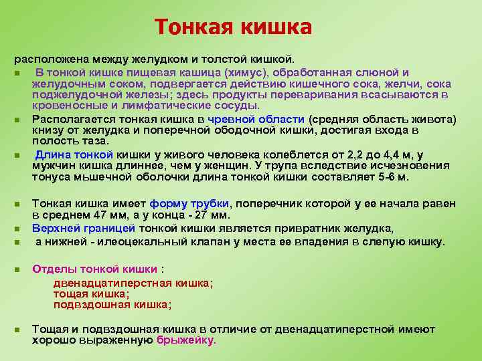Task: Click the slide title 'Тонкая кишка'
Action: point(233,27)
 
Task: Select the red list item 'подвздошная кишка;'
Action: point(112,304)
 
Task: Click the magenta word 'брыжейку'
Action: point(185,340)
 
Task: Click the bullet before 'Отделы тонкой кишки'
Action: point(17,269)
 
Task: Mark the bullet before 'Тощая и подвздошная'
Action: point(17,330)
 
